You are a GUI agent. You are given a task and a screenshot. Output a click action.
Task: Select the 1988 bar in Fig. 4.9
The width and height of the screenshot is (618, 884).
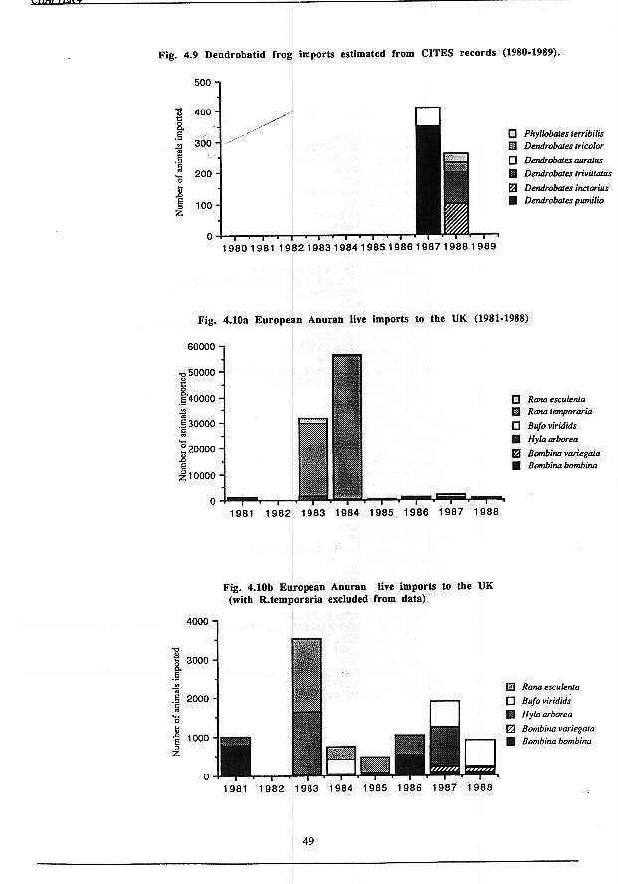pyautogui.click(x=456, y=194)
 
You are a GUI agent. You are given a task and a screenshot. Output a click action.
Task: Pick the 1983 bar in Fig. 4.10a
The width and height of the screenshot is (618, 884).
pyautogui.click(x=312, y=458)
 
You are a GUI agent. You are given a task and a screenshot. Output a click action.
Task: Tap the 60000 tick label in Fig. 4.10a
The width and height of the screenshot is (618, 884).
pyautogui.click(x=199, y=347)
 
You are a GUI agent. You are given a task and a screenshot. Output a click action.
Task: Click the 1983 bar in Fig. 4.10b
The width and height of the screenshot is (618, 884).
pyautogui.click(x=306, y=707)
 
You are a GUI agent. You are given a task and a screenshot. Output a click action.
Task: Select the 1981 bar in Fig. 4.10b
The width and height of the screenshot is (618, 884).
pyautogui.click(x=235, y=756)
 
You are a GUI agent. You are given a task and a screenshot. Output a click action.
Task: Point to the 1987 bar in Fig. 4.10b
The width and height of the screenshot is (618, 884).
pyautogui.click(x=444, y=738)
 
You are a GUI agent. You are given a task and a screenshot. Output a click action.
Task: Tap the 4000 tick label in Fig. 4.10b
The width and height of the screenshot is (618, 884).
pyautogui.click(x=195, y=621)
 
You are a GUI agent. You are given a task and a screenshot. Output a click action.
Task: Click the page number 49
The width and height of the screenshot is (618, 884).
pyautogui.click(x=309, y=842)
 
